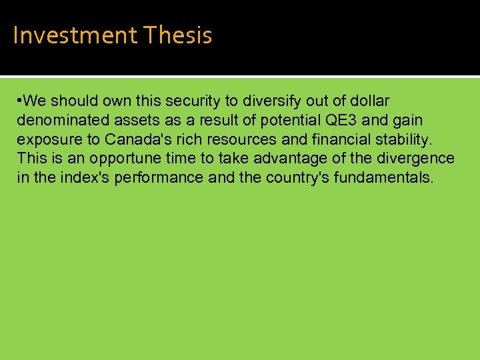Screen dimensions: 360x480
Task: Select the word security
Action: pos(192,101)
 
